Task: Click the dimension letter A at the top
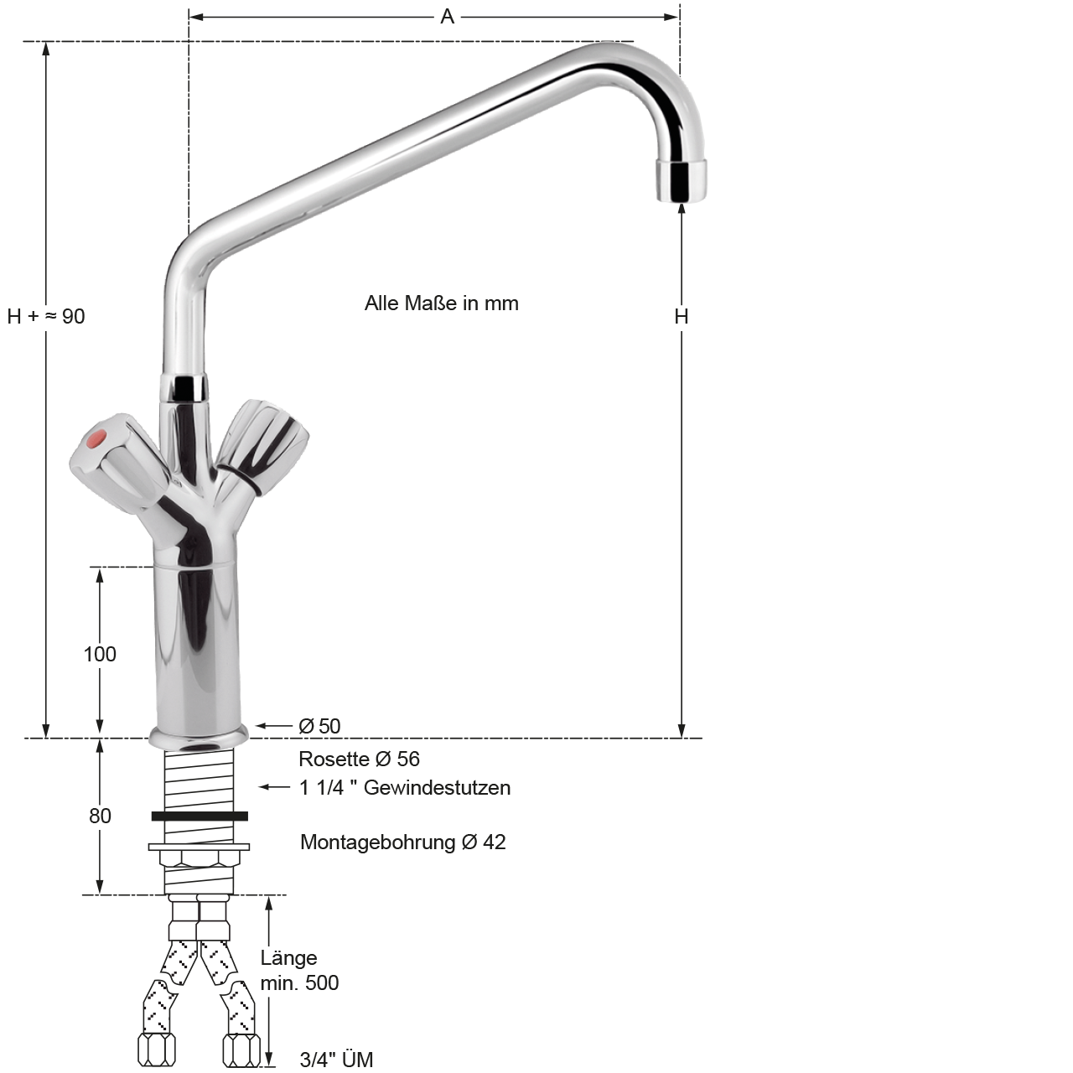point(447,17)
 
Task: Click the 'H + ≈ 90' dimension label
point(45,316)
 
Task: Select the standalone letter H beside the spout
point(681,316)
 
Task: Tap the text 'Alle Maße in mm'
point(442,303)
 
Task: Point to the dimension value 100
point(100,654)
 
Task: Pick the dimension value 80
point(101,816)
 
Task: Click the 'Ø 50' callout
point(319,726)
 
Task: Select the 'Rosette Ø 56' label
point(359,759)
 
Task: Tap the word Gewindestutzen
point(437,787)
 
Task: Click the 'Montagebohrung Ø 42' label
point(403,842)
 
